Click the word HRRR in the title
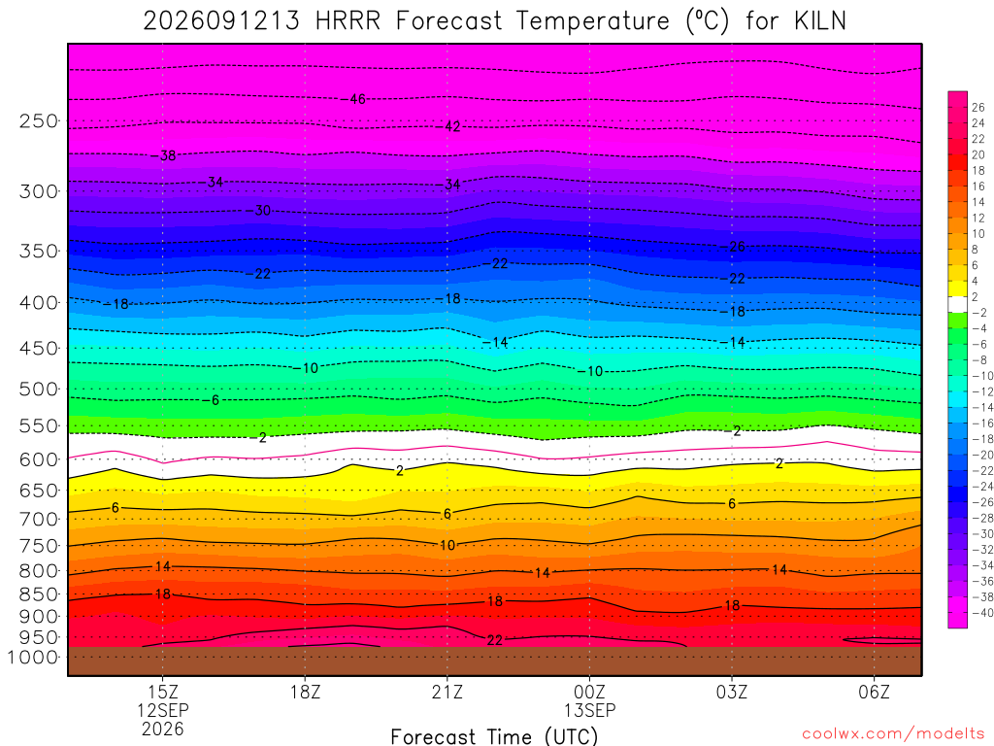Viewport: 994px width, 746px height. [x=348, y=21]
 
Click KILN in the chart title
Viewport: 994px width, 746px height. [x=820, y=21]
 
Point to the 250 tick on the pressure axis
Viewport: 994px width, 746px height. [x=39, y=120]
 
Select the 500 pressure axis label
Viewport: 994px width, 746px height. [x=39, y=389]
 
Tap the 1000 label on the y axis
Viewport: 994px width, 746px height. [x=33, y=658]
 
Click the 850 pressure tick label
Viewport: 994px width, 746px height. [x=39, y=594]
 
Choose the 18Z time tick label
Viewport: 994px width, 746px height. [x=305, y=692]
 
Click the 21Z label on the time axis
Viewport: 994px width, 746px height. [x=447, y=692]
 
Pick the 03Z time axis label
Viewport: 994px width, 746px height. [x=732, y=692]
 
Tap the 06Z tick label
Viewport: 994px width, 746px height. [x=875, y=692]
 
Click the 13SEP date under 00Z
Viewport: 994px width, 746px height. [x=589, y=710]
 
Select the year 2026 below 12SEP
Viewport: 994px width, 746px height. [x=163, y=729]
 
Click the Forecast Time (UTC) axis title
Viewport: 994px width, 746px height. [x=494, y=736]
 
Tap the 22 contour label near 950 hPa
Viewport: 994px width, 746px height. [x=494, y=640]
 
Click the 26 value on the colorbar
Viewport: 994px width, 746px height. [x=978, y=107]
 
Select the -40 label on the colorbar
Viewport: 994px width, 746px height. [x=982, y=613]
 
